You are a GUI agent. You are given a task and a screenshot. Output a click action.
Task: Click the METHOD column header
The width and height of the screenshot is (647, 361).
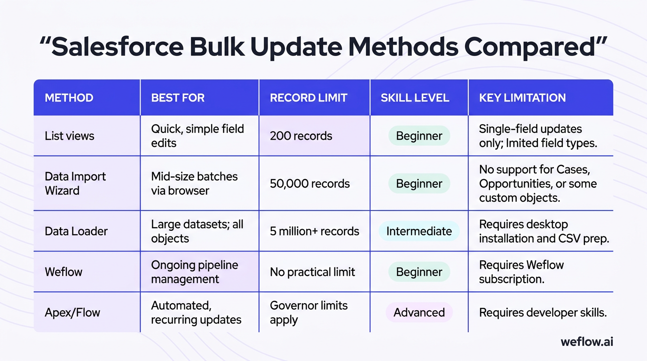tap(69, 98)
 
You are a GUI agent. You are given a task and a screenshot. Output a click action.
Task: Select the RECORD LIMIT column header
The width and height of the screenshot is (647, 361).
tap(308, 98)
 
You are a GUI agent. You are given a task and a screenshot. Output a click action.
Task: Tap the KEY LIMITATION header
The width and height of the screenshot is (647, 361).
tap(522, 98)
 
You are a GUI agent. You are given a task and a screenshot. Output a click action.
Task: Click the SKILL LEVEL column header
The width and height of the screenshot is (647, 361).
tap(415, 98)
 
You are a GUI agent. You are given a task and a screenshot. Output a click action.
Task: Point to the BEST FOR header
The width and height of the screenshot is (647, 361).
tap(178, 98)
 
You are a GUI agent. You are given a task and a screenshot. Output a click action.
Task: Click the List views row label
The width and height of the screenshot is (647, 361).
tap(70, 136)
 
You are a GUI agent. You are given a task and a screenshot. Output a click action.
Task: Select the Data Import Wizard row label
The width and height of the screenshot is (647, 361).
tap(75, 183)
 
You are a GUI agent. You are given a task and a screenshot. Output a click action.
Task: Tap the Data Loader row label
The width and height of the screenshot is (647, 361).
tap(76, 231)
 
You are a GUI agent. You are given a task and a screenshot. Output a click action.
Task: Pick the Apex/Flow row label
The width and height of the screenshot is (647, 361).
tap(72, 313)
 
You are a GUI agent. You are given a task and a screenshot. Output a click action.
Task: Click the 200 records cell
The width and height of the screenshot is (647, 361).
tap(301, 136)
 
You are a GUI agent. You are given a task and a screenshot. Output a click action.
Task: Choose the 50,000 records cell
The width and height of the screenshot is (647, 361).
tap(310, 184)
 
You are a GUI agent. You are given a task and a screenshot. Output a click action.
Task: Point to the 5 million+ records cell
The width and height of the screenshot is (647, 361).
tap(315, 231)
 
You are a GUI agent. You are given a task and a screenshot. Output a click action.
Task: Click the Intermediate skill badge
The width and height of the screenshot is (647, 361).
tap(419, 231)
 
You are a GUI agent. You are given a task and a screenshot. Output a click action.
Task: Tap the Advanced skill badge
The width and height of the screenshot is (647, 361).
tap(419, 313)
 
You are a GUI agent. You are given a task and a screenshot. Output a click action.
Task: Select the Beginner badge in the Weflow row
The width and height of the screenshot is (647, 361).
tap(419, 272)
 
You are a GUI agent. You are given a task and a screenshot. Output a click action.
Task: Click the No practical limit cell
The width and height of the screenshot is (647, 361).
tap(312, 272)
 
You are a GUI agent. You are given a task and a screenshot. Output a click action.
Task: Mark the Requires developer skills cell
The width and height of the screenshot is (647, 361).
tap(543, 313)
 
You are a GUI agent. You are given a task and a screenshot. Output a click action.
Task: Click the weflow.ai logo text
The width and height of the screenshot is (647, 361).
tap(587, 342)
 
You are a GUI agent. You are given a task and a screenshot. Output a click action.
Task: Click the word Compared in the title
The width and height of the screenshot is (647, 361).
tap(530, 47)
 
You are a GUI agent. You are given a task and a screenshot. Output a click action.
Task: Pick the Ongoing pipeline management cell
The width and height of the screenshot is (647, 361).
tap(194, 272)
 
